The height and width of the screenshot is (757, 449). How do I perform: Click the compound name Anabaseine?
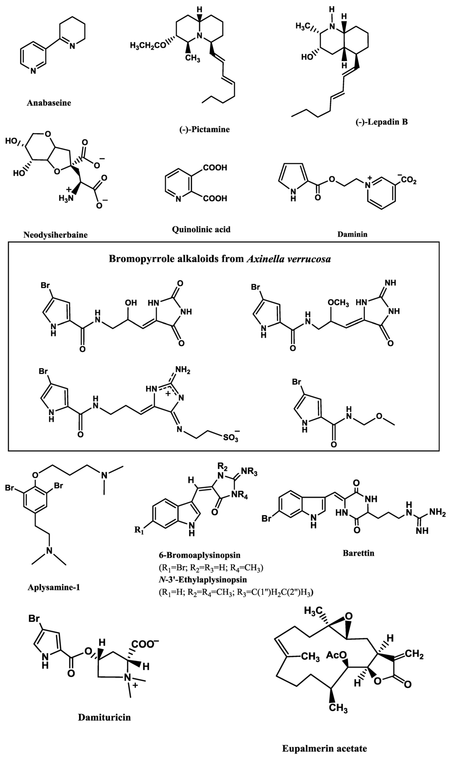point(49,104)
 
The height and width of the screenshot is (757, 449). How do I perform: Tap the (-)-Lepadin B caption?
point(381,122)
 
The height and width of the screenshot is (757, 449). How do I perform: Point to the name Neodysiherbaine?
point(55,235)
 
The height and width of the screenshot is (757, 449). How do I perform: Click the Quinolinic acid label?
point(201,229)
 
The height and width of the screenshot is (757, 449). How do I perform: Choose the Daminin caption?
point(352,234)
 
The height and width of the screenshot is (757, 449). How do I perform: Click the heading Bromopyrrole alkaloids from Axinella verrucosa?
point(220,259)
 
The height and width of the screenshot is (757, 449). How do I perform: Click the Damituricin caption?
point(104,718)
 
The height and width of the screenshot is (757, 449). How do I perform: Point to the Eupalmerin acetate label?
point(324,748)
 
